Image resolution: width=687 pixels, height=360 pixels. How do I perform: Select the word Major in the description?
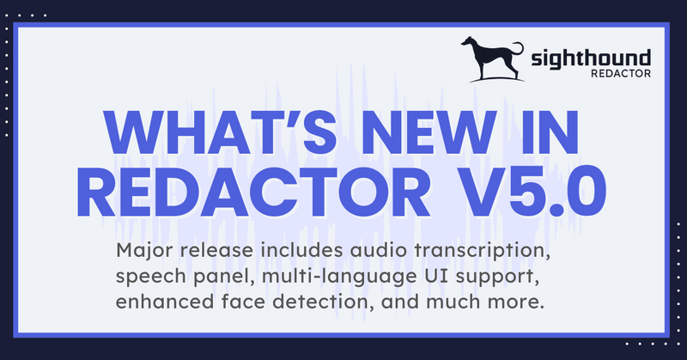[x=141, y=253]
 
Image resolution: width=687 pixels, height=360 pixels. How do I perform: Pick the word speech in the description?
[x=145, y=278]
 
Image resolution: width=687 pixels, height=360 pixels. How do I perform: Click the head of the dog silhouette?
[x=469, y=42]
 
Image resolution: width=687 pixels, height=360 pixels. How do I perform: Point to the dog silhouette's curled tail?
[x=519, y=48]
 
